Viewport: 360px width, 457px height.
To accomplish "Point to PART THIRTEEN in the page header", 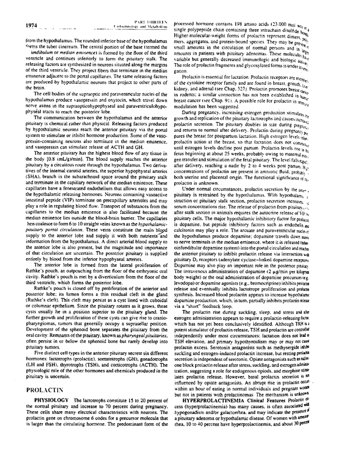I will point(135,20).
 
